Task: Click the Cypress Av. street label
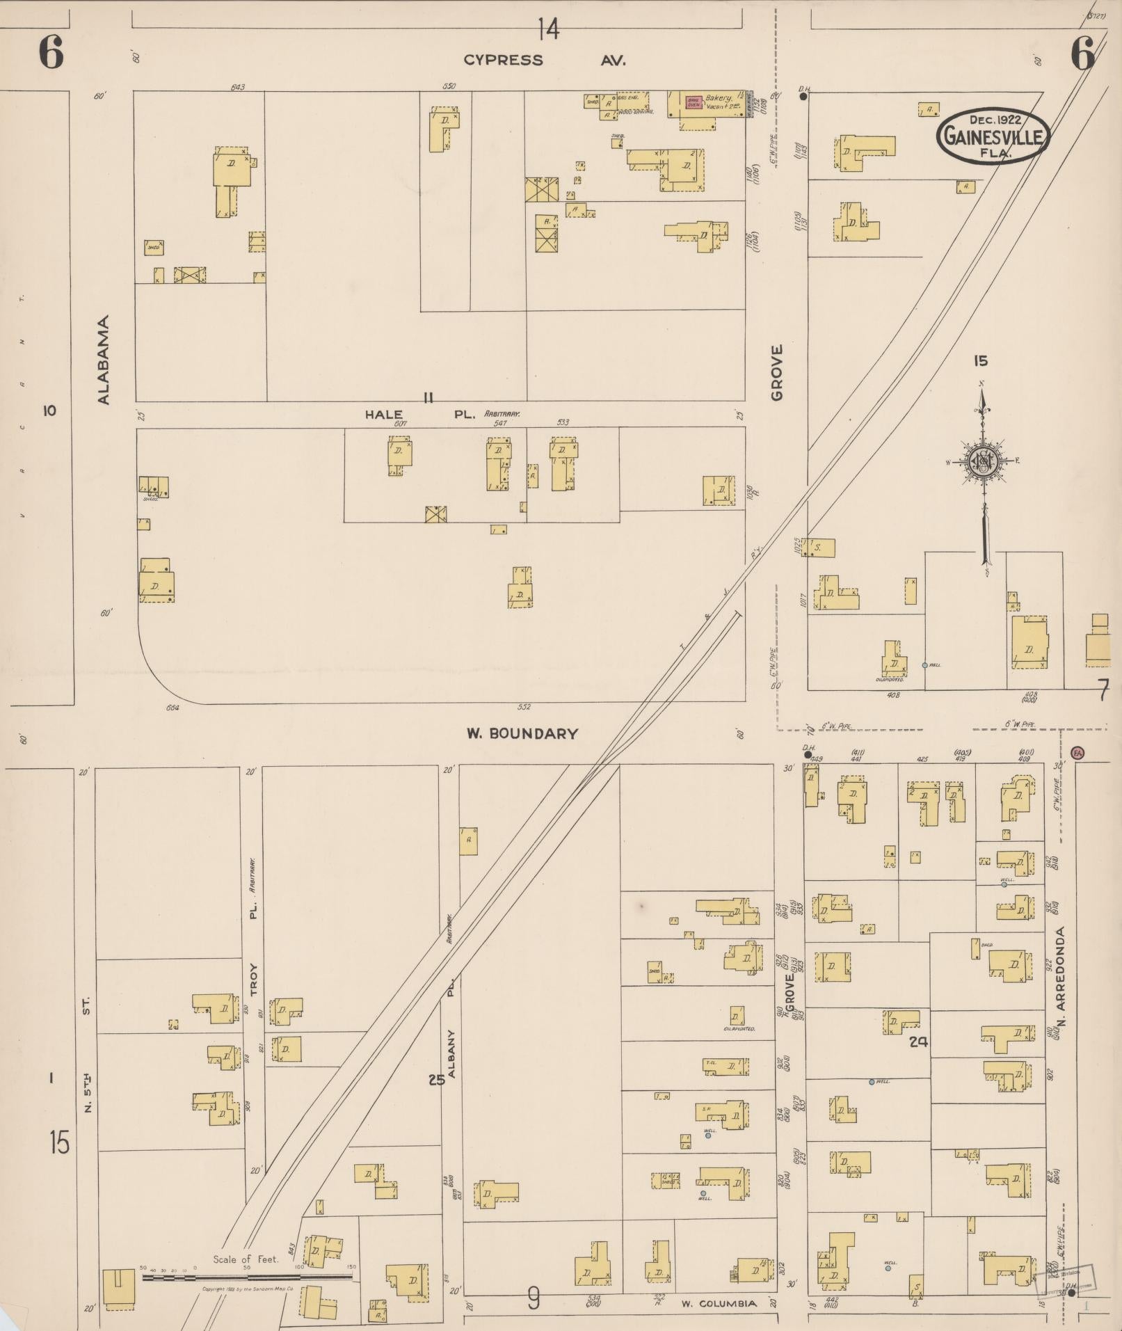click(545, 61)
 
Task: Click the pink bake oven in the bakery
click(694, 102)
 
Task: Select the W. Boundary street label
click(522, 733)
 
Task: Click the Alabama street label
click(104, 360)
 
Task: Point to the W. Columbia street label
click(719, 1304)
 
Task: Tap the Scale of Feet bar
click(247, 1277)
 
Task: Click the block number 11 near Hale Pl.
click(428, 397)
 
